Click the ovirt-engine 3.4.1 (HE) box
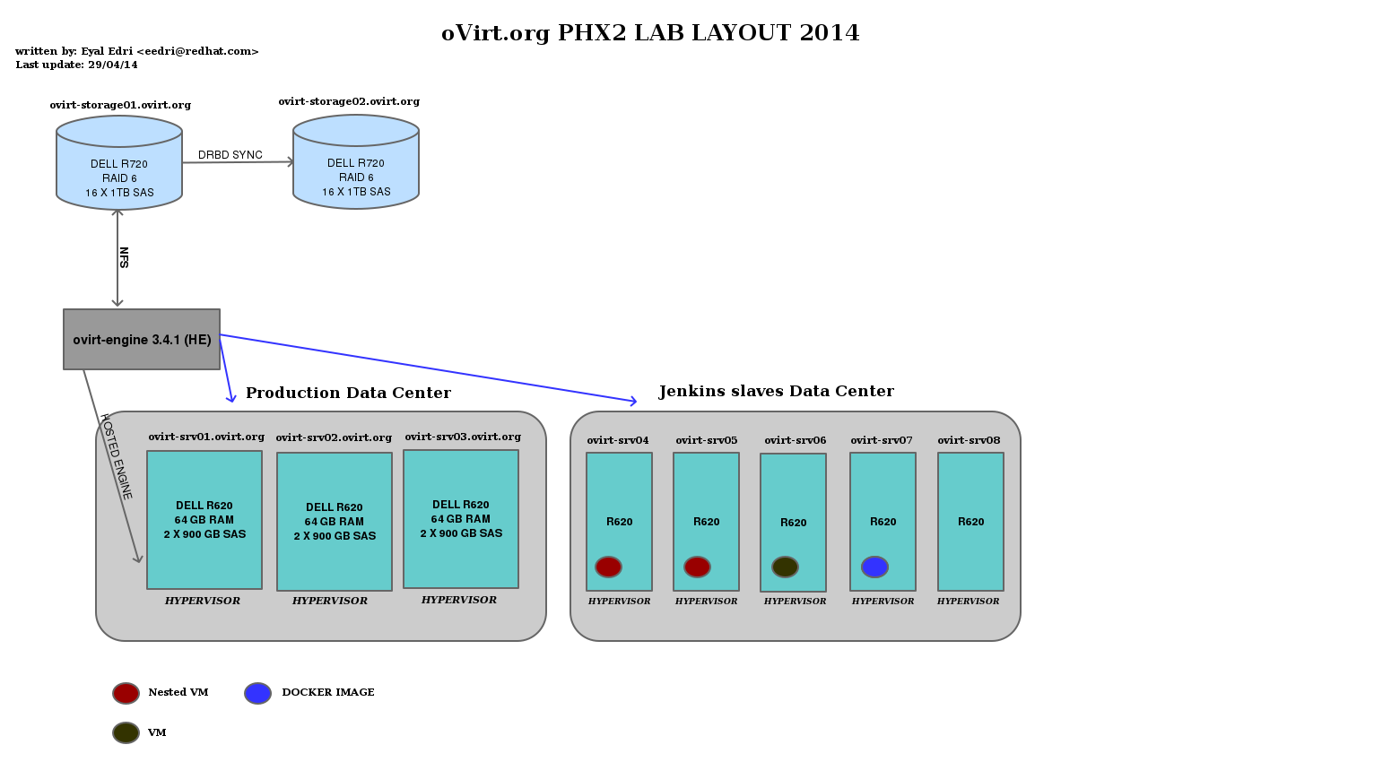(x=142, y=339)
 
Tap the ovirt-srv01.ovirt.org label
(x=206, y=437)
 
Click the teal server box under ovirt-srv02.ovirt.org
(x=335, y=522)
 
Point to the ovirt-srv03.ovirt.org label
(x=463, y=437)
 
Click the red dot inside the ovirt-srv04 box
(x=608, y=567)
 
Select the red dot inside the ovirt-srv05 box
(x=697, y=567)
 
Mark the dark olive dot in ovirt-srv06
(x=785, y=567)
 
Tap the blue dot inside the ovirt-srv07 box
(x=874, y=567)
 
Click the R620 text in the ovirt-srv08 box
(x=970, y=522)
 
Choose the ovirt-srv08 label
(x=969, y=440)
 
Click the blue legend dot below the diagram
(x=257, y=693)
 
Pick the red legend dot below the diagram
(x=126, y=693)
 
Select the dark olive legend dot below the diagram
(x=126, y=732)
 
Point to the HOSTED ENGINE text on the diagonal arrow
(x=117, y=458)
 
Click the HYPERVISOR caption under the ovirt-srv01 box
(x=203, y=601)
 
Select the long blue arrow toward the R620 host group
(x=430, y=368)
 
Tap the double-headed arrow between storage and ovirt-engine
(x=117, y=258)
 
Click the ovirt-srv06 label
(x=796, y=440)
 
